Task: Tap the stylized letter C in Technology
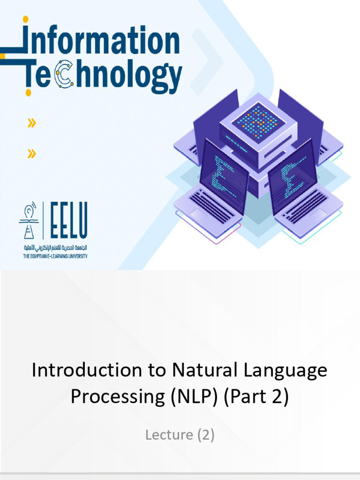64,75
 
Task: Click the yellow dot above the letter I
25,19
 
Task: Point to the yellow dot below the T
28,92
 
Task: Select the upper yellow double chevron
31,124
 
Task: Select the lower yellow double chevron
31,153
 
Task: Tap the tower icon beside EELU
29,220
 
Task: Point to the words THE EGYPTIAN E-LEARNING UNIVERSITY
55,256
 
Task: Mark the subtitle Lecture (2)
180,435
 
